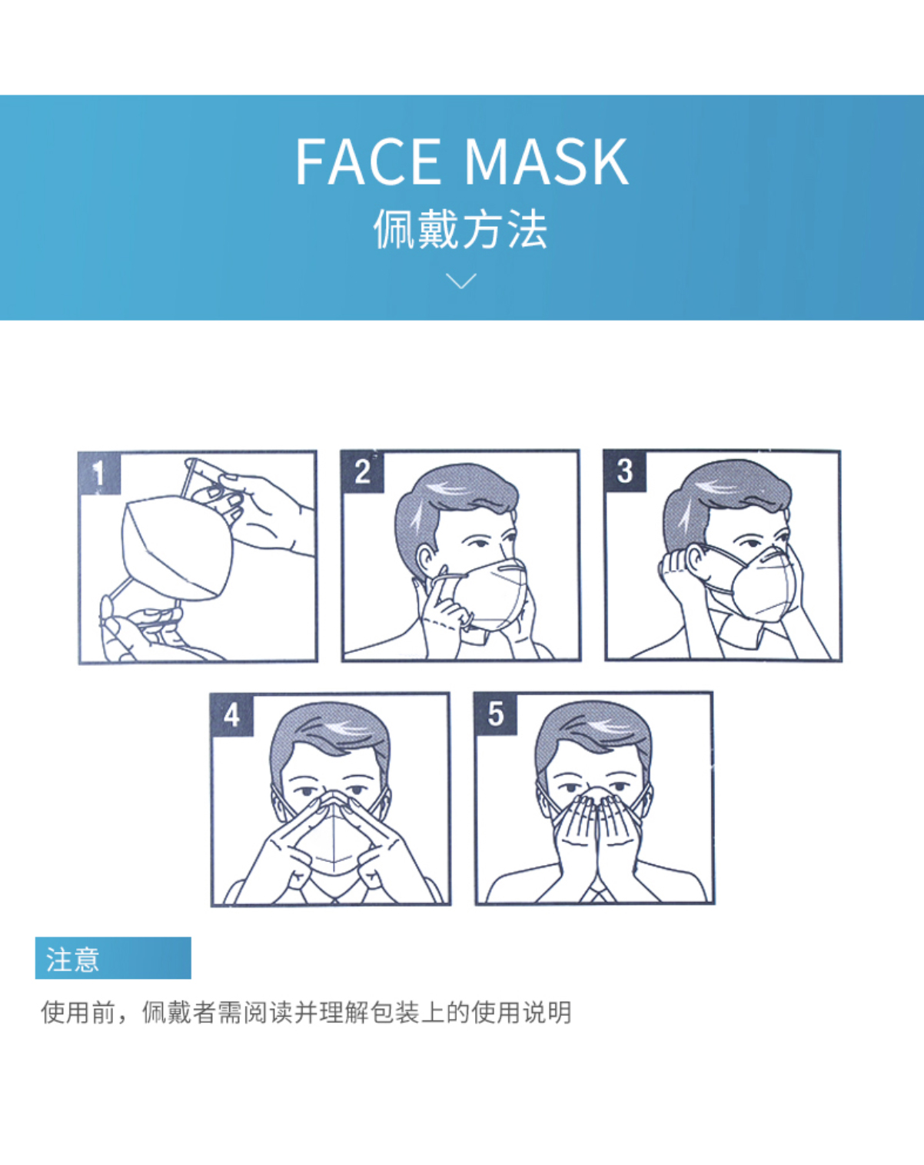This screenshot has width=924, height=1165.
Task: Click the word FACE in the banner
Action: [x=367, y=161]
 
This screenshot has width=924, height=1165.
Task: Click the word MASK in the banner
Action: [x=546, y=161]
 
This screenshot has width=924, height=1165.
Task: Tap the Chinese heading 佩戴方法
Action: [x=460, y=229]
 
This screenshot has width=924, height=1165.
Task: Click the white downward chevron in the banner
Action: [x=461, y=281]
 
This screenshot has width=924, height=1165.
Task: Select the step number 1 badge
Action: [x=100, y=473]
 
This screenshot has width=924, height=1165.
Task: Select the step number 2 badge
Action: [x=362, y=472]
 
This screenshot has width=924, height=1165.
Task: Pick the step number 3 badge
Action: [x=625, y=471]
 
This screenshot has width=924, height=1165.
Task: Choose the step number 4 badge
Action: [x=231, y=715]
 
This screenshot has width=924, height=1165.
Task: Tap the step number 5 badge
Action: [x=495, y=714]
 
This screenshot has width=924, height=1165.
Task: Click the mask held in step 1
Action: [x=177, y=548]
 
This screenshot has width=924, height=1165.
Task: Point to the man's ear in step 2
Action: [x=427, y=562]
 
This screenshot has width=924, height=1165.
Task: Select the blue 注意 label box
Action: [x=113, y=957]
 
